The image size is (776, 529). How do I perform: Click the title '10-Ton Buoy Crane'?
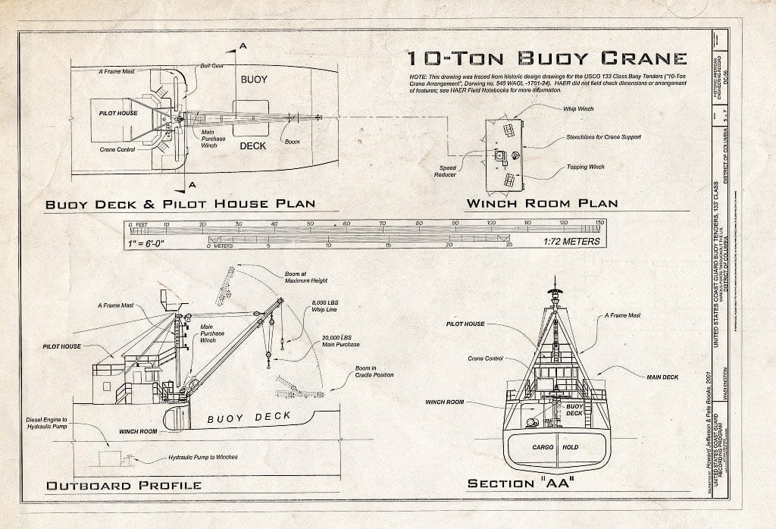pyautogui.click(x=546, y=59)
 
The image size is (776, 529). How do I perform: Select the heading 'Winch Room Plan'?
pyautogui.click(x=541, y=203)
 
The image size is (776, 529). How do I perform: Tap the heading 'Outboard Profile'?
pyautogui.click(x=124, y=485)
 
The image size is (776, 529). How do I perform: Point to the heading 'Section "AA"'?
pyautogui.click(x=520, y=484)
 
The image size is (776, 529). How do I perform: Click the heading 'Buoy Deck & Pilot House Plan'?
pyautogui.click(x=180, y=204)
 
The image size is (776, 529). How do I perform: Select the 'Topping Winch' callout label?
pyautogui.click(x=585, y=167)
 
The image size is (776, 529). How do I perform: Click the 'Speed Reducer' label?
pyautogui.click(x=446, y=171)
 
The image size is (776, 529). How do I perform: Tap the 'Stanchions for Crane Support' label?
pyautogui.click(x=603, y=137)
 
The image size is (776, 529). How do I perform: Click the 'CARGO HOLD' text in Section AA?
pyautogui.click(x=555, y=447)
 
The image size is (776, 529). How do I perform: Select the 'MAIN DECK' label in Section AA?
pyautogui.click(x=662, y=376)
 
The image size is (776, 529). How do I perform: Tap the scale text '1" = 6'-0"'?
pyautogui.click(x=155, y=243)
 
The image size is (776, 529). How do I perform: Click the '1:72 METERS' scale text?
pyautogui.click(x=571, y=242)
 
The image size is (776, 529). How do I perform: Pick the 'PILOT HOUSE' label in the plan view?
pyautogui.click(x=117, y=113)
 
